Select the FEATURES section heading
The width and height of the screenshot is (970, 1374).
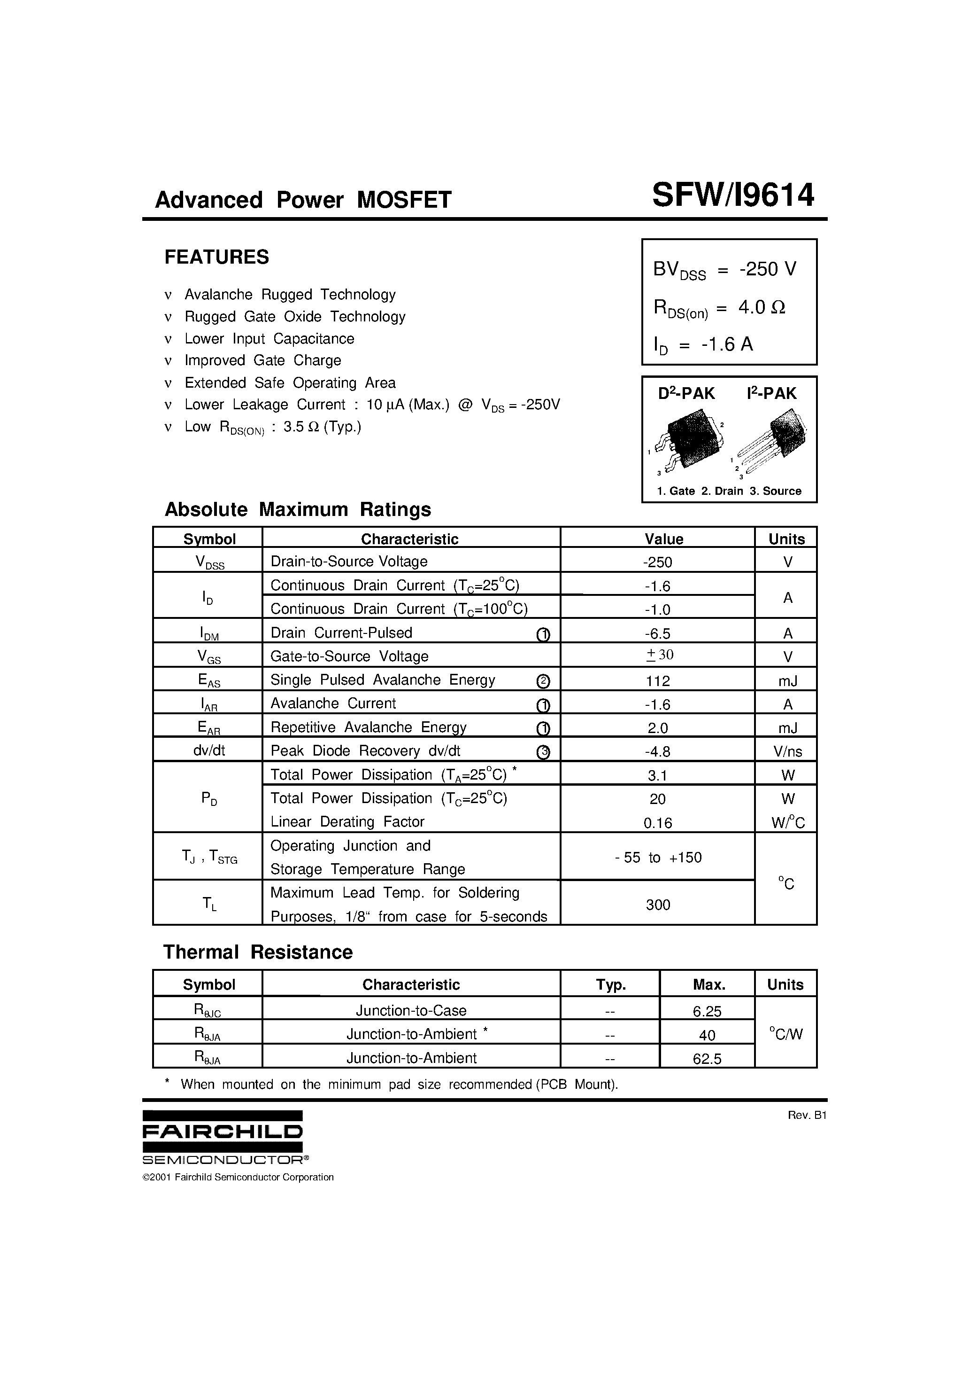[x=216, y=258]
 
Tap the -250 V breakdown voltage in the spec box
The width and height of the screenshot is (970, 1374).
[x=768, y=269]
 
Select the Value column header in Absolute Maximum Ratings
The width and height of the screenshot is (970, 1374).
[x=663, y=539]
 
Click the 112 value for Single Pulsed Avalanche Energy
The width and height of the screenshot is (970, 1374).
[x=658, y=681]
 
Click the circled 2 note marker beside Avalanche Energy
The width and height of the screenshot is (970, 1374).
[x=543, y=681]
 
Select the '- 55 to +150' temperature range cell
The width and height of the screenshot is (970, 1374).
[x=658, y=858]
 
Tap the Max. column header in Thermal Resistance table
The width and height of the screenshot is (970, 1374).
[x=708, y=984]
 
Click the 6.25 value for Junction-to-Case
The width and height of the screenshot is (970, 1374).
[x=707, y=1011]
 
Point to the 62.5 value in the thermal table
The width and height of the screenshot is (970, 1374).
[x=707, y=1059]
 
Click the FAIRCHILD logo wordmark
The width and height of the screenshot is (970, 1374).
[x=223, y=1132]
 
